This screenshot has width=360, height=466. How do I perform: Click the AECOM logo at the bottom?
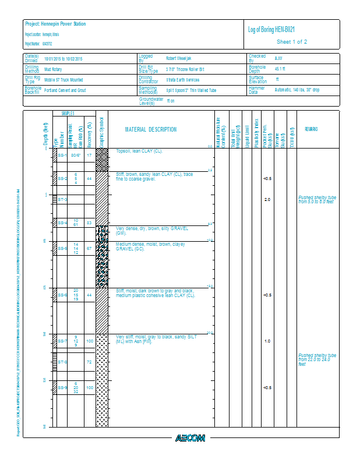click(190, 438)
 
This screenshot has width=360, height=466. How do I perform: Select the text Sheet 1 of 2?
click(292, 42)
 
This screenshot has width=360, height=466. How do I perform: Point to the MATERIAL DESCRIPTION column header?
click(151, 129)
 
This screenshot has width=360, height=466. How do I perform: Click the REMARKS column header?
click(311, 129)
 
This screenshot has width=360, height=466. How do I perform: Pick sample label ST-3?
click(62, 200)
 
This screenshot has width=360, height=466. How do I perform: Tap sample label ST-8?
click(62, 362)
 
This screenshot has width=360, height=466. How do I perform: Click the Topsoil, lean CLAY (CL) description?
click(139, 151)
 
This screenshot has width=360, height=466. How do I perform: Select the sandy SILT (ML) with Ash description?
click(157, 339)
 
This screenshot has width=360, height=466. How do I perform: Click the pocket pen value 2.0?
click(267, 200)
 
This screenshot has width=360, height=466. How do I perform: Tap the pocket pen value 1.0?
click(267, 341)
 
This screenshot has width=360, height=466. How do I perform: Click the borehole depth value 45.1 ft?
click(280, 69)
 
